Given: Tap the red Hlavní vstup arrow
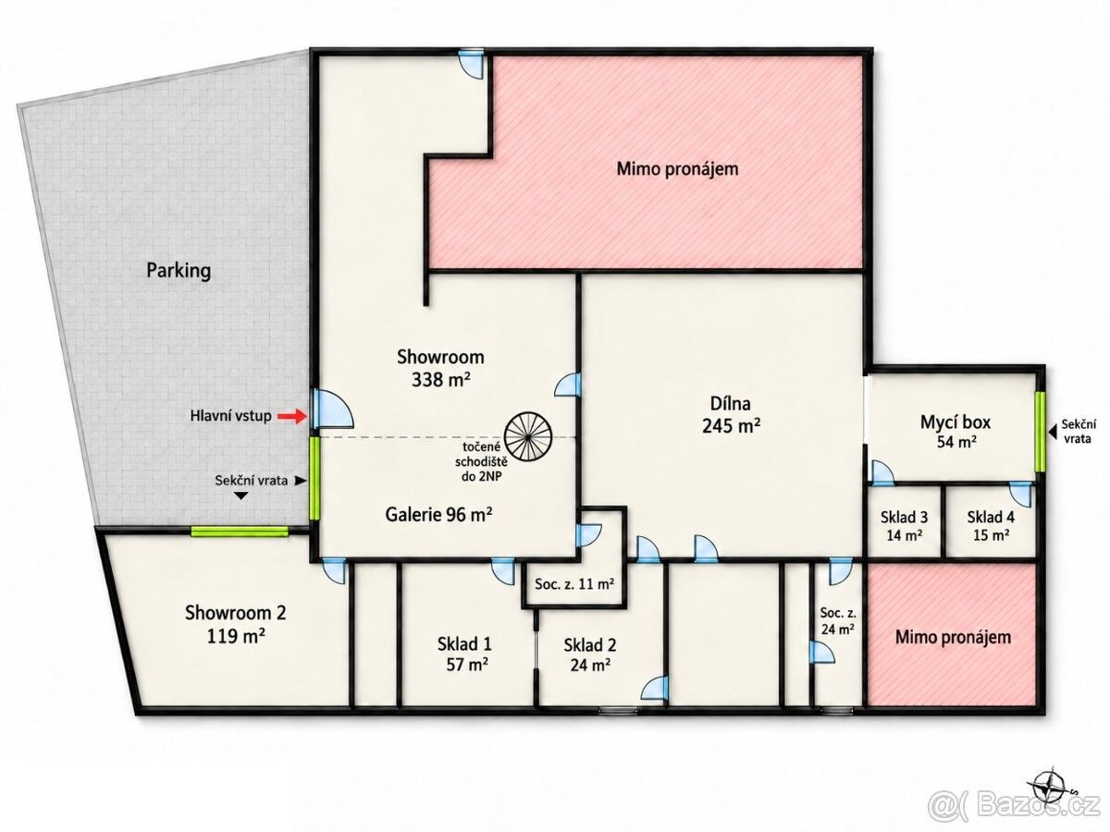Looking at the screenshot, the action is [x=294, y=416].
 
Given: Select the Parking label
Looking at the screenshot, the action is [x=179, y=271].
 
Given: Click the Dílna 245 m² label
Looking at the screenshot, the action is [x=731, y=414].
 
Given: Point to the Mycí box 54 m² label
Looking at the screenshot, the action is [x=956, y=431].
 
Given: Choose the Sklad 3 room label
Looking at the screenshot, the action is [x=904, y=526].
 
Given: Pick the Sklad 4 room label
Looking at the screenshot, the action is [x=992, y=526].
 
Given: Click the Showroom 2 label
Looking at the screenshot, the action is [x=236, y=623].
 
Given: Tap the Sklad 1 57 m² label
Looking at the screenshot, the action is [x=464, y=654].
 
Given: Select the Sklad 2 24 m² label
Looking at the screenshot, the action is [x=590, y=655].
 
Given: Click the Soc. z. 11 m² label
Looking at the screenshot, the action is [x=574, y=584].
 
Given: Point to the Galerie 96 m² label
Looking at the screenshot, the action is [x=439, y=515].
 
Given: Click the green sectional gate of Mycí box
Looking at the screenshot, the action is [x=1040, y=432].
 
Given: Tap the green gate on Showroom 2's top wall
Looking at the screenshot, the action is [x=240, y=531].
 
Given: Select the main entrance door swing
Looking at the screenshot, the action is [x=333, y=409].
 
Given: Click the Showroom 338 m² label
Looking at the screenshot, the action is [x=440, y=367].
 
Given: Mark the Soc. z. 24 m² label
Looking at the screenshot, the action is [x=837, y=621].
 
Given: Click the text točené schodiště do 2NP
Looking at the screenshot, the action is [x=481, y=461].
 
